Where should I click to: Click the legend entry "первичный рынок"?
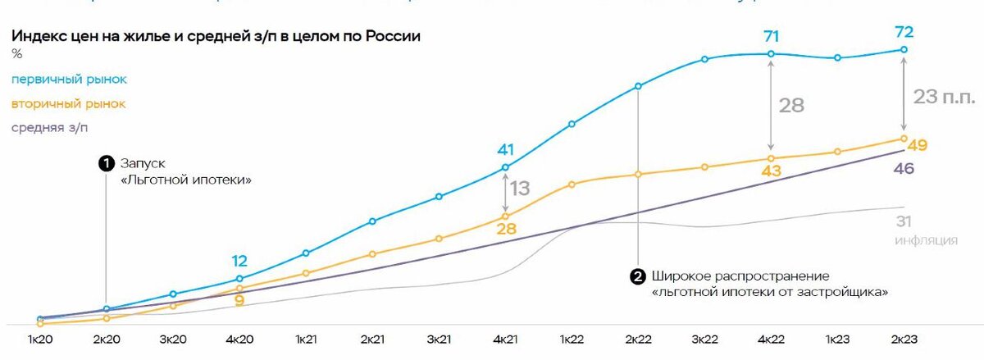tap(69, 80)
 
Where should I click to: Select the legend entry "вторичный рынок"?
tap(68, 104)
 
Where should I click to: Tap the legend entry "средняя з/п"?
tap(52, 128)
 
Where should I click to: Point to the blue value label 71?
tap(771, 37)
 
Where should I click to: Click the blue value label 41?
tap(505, 150)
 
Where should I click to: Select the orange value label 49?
tap(918, 146)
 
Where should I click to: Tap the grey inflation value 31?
tap(904, 221)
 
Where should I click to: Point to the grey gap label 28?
tap(791, 105)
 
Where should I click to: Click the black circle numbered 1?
tap(106, 163)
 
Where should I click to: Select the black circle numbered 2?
tap(637, 276)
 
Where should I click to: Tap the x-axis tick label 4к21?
tap(505, 338)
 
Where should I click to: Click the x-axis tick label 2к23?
tap(904, 338)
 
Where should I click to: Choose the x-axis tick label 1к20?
tap(40, 338)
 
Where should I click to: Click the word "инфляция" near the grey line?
tap(927, 240)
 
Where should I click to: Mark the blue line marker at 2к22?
tap(638, 86)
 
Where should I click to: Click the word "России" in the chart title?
tap(389, 37)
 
